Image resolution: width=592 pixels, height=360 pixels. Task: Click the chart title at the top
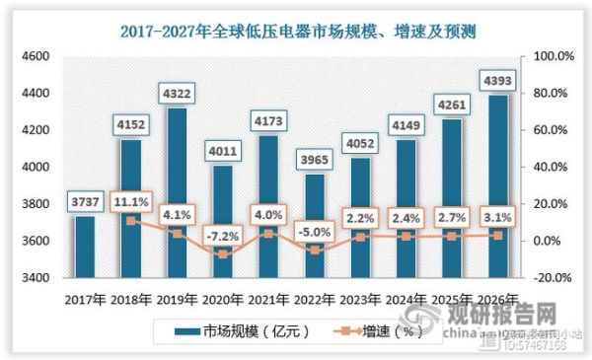click(297, 32)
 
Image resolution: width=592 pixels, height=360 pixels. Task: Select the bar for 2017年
click(86, 247)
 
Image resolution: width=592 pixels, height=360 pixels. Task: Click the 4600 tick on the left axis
click(37, 56)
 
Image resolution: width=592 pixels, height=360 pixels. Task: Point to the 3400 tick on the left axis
click(37, 278)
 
